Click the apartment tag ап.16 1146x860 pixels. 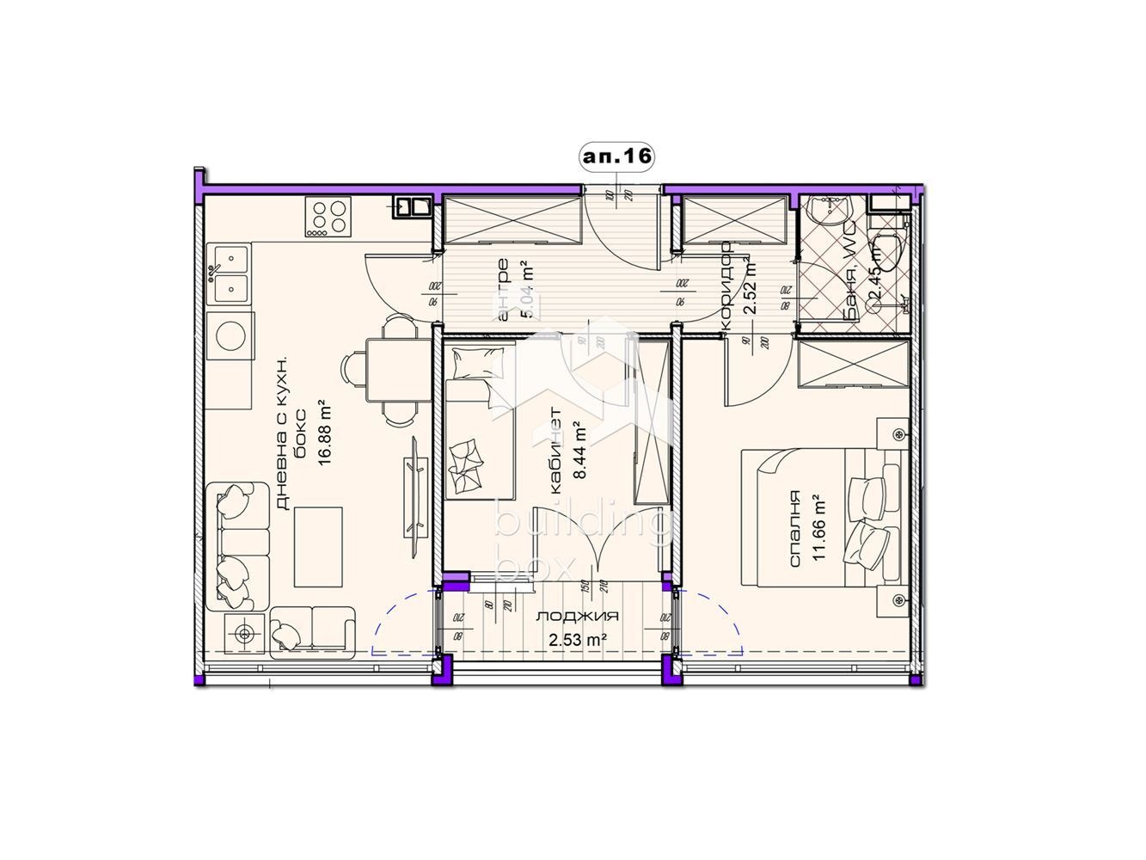point(616,157)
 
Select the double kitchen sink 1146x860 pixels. point(230,273)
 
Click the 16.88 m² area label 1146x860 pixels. point(324,432)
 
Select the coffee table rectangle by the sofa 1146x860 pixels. point(318,545)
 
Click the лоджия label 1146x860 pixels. point(578,617)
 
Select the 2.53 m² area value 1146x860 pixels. point(578,638)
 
